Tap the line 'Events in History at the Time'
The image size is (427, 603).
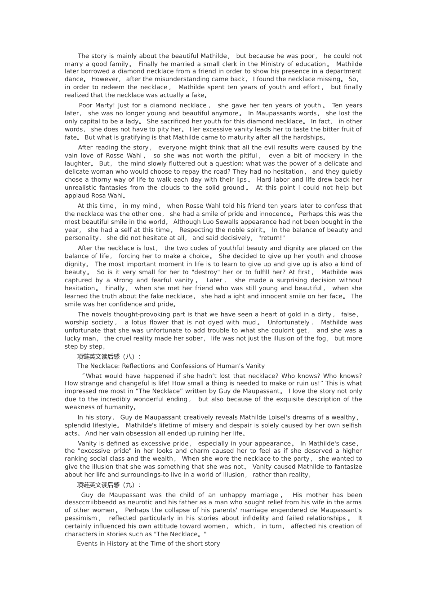pos(148,544)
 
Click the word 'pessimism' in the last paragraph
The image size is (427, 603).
pos(81,518)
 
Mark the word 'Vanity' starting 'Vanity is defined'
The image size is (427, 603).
pos(88,444)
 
